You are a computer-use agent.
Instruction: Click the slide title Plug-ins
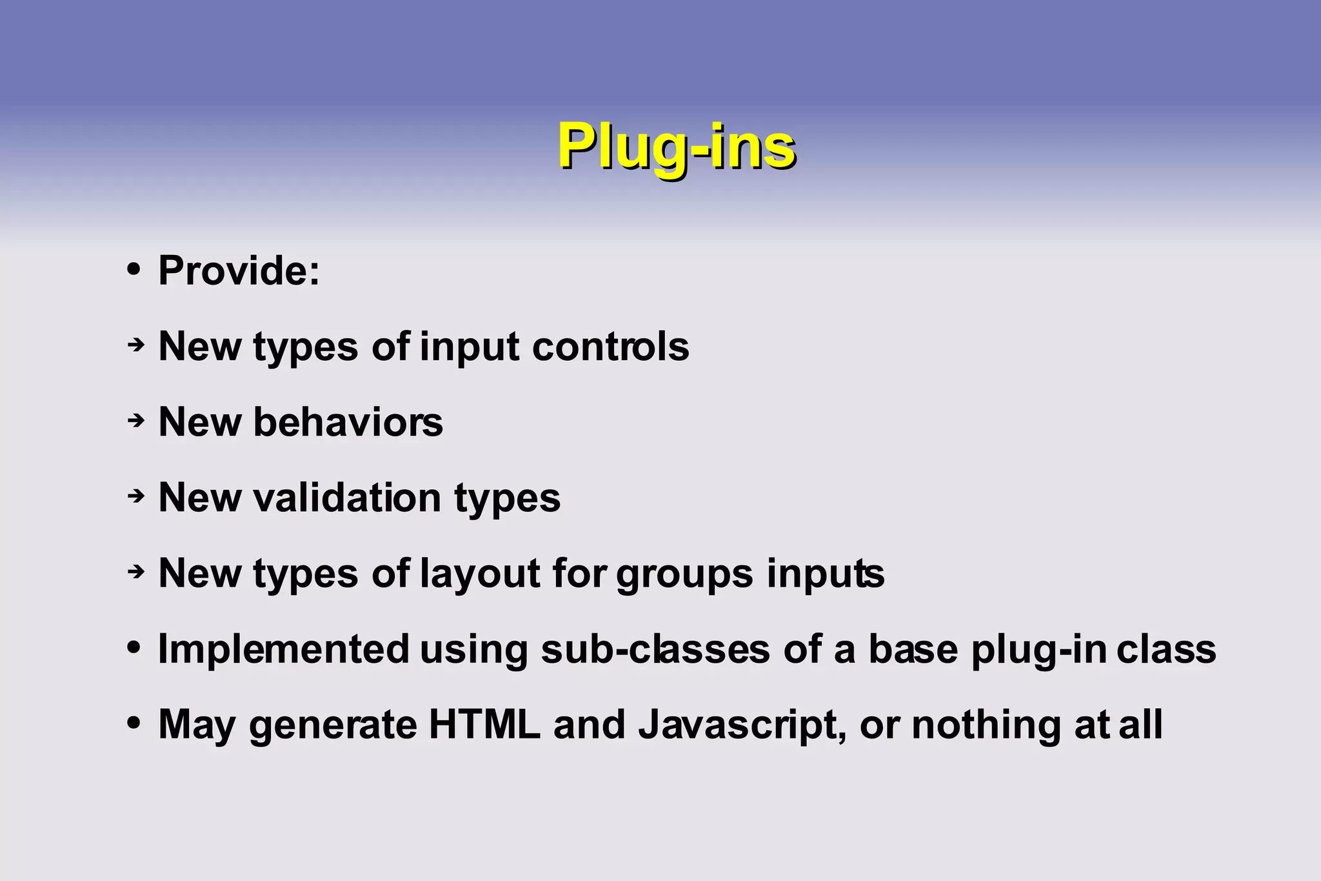677,147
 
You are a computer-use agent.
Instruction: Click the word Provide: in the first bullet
239,270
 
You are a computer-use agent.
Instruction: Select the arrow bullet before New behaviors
135,421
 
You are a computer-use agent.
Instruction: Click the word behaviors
348,422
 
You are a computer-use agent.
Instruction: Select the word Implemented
283,649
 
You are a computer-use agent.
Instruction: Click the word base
913,649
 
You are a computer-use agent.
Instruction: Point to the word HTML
484,725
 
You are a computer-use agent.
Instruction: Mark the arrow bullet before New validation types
135,496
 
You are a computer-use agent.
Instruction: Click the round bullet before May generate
134,722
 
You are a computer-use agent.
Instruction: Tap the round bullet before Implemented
134,647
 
